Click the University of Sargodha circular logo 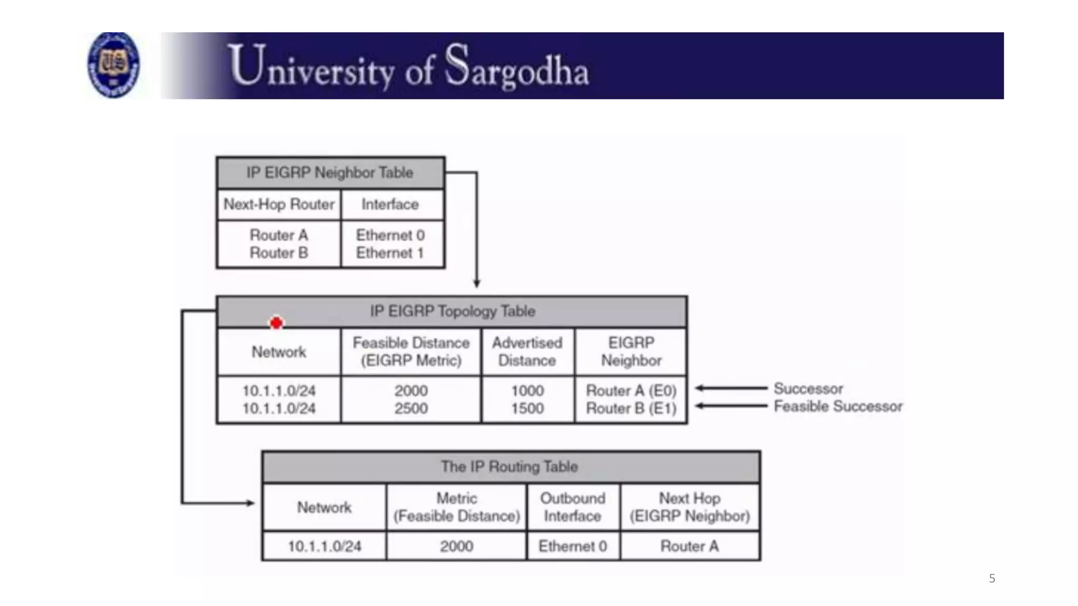tap(113, 65)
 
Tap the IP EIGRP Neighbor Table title tap(330, 173)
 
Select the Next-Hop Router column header tap(279, 204)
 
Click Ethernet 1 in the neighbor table tap(390, 253)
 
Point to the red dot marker tap(276, 323)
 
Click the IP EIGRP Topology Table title tap(452, 311)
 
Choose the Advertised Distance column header tap(527, 351)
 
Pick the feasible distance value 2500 tap(411, 409)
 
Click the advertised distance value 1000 tap(527, 391)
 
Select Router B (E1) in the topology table tap(631, 409)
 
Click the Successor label tap(808, 389)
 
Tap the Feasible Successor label tap(838, 407)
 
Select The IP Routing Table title tap(510, 467)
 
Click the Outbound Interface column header tap(573, 507)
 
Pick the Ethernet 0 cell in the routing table tap(573, 546)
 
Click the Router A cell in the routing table tap(690, 546)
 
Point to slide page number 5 tap(992, 579)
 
